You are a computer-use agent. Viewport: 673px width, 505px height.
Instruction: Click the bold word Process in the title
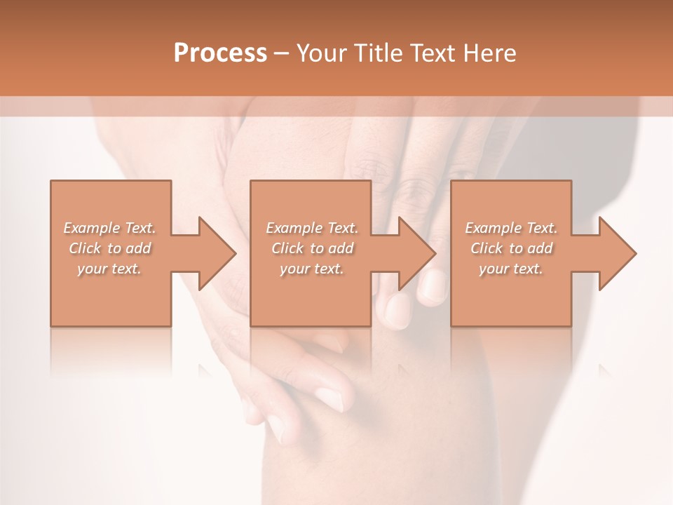(220, 53)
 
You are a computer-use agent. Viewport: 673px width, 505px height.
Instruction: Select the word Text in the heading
(433, 53)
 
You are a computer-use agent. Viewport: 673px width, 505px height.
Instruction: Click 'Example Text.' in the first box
(109, 228)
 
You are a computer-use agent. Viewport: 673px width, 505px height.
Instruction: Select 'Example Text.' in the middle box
(312, 228)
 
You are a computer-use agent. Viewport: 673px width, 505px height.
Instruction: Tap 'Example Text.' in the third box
(511, 228)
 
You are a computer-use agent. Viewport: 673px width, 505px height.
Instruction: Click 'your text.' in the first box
(109, 269)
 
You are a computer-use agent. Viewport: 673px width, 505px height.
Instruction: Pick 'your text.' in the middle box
(312, 269)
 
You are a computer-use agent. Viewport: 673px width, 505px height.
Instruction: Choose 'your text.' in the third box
(511, 269)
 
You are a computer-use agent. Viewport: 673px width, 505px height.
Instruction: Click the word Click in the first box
(86, 248)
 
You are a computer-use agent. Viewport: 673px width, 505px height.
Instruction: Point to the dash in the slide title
(281, 53)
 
